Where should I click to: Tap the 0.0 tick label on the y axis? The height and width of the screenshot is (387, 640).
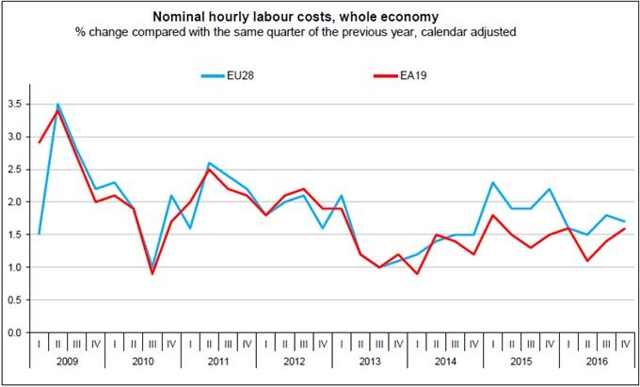click(x=14, y=332)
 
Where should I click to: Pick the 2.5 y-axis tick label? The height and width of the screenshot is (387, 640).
click(x=14, y=169)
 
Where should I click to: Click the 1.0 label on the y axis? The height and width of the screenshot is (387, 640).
click(x=14, y=267)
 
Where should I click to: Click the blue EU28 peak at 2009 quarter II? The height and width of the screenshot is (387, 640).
click(x=58, y=105)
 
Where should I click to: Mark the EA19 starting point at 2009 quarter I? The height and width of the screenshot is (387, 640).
click(x=39, y=143)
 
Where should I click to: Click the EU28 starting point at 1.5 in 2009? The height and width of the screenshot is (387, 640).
click(x=39, y=234)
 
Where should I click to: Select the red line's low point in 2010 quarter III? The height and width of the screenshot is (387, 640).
click(x=153, y=274)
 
